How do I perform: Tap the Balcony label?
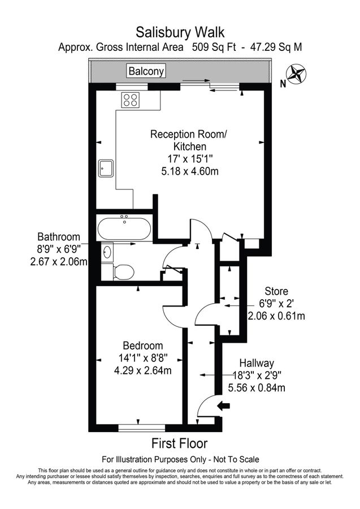click(146, 71)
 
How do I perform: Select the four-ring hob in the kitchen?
click(131, 100)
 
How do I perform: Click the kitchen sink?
click(106, 168)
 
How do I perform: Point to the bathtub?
click(124, 229)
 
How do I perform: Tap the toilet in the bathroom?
click(123, 272)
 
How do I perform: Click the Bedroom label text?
click(143, 346)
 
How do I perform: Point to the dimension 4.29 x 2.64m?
click(143, 370)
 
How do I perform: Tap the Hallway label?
click(257, 363)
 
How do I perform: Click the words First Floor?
click(179, 443)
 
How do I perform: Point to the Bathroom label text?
click(59, 237)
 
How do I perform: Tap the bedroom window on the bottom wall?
click(137, 428)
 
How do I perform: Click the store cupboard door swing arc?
click(204, 314)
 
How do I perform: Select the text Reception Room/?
click(188, 135)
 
